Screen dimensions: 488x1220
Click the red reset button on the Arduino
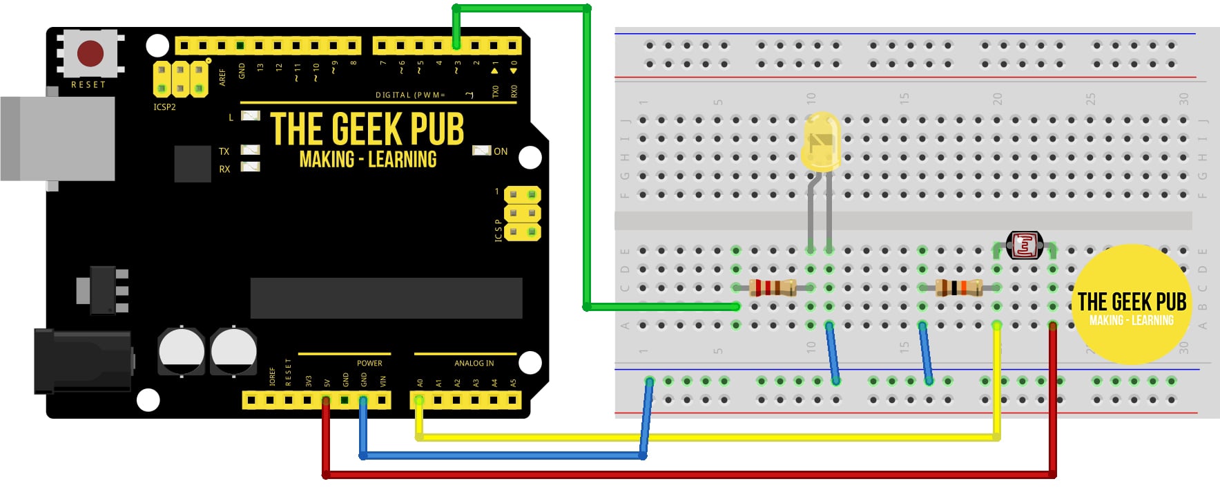(x=90, y=53)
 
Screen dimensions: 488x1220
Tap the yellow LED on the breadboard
(x=822, y=142)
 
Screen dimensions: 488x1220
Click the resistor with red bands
(x=773, y=287)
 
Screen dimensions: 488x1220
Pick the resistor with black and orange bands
(x=959, y=287)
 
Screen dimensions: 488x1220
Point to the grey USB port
(x=58, y=138)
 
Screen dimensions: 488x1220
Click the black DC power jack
(x=83, y=361)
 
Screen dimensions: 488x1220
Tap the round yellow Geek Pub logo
(x=1132, y=305)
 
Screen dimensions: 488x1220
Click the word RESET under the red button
(x=88, y=85)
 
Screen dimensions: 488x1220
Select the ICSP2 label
(x=164, y=107)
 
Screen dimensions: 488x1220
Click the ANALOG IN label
(x=474, y=363)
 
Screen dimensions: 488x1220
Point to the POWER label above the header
(x=369, y=363)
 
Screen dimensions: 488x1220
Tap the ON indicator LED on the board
(x=481, y=151)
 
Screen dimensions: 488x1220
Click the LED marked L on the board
(x=250, y=116)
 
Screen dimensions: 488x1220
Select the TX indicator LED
(x=250, y=150)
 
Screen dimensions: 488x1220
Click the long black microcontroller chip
(x=386, y=298)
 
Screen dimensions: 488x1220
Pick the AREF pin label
(x=222, y=76)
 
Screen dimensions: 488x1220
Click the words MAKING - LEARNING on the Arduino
(x=368, y=160)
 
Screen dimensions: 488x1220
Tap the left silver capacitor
(x=182, y=351)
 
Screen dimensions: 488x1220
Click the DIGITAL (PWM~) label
(x=410, y=95)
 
